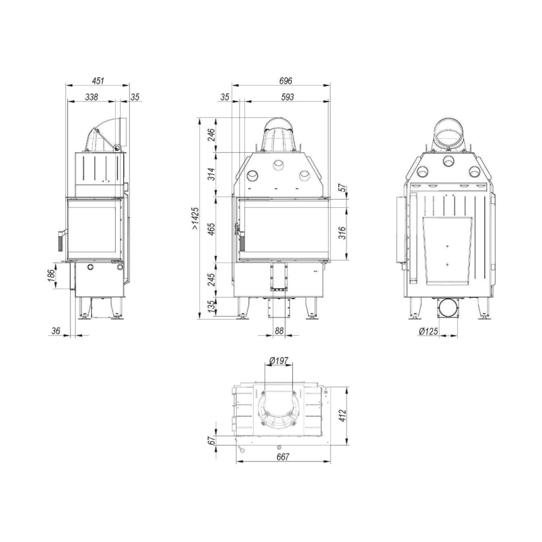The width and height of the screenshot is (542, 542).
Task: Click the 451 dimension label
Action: pos(98,81)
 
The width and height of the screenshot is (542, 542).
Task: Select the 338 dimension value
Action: pos(91,97)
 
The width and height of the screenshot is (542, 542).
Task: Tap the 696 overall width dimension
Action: pos(285,81)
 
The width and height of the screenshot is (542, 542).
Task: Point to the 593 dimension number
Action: pos(288,97)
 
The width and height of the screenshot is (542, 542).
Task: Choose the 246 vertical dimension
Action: pos(211,135)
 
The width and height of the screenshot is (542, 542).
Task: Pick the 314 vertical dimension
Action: pos(211,174)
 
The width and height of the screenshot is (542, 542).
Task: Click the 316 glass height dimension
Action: pos(343,233)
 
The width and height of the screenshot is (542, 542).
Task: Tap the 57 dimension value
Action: pos(343,188)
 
